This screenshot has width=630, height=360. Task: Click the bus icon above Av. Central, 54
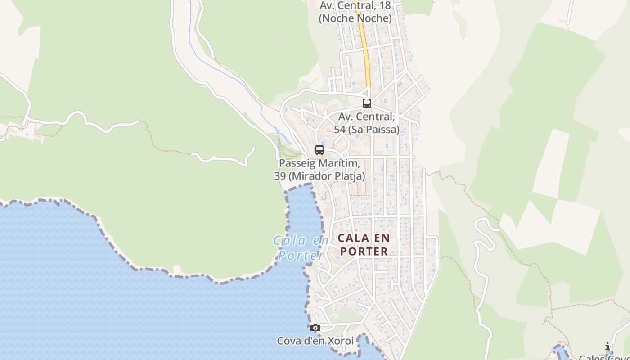(367, 103)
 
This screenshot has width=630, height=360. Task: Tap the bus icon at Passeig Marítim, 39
(319, 150)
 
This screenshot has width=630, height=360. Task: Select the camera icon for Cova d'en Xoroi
(315, 328)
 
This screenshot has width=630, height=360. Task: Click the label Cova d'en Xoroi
(315, 341)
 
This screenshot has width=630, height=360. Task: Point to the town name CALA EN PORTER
(364, 244)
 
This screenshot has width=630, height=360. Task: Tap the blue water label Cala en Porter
(301, 248)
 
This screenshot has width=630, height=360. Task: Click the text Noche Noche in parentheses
(355, 18)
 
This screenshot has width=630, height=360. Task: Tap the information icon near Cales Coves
(607, 346)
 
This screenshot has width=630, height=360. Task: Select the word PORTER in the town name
(364, 251)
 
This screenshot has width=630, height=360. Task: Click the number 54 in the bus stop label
(340, 130)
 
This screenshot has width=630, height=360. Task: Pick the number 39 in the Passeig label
(280, 176)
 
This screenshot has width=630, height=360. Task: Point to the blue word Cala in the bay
(289, 241)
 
